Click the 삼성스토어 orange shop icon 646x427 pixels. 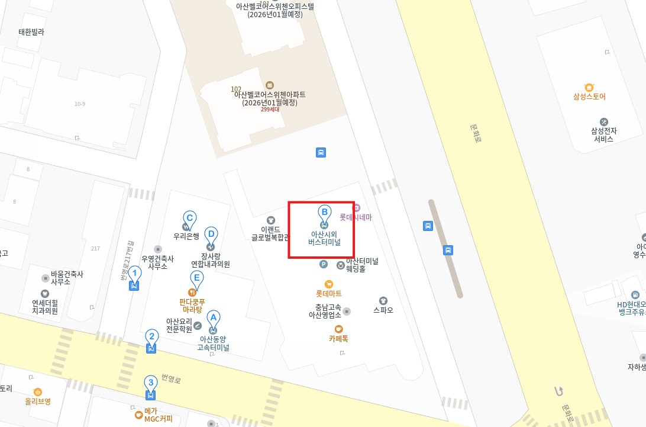coord(589,87)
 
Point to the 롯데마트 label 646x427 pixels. coord(329,294)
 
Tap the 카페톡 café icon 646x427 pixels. coord(338,329)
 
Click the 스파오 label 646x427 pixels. coord(383,310)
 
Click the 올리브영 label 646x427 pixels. coord(38,401)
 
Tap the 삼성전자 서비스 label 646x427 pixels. coord(603,134)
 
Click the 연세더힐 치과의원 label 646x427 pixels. coord(45,306)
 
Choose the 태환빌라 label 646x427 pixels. coord(31,32)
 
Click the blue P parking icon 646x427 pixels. coord(324,265)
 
